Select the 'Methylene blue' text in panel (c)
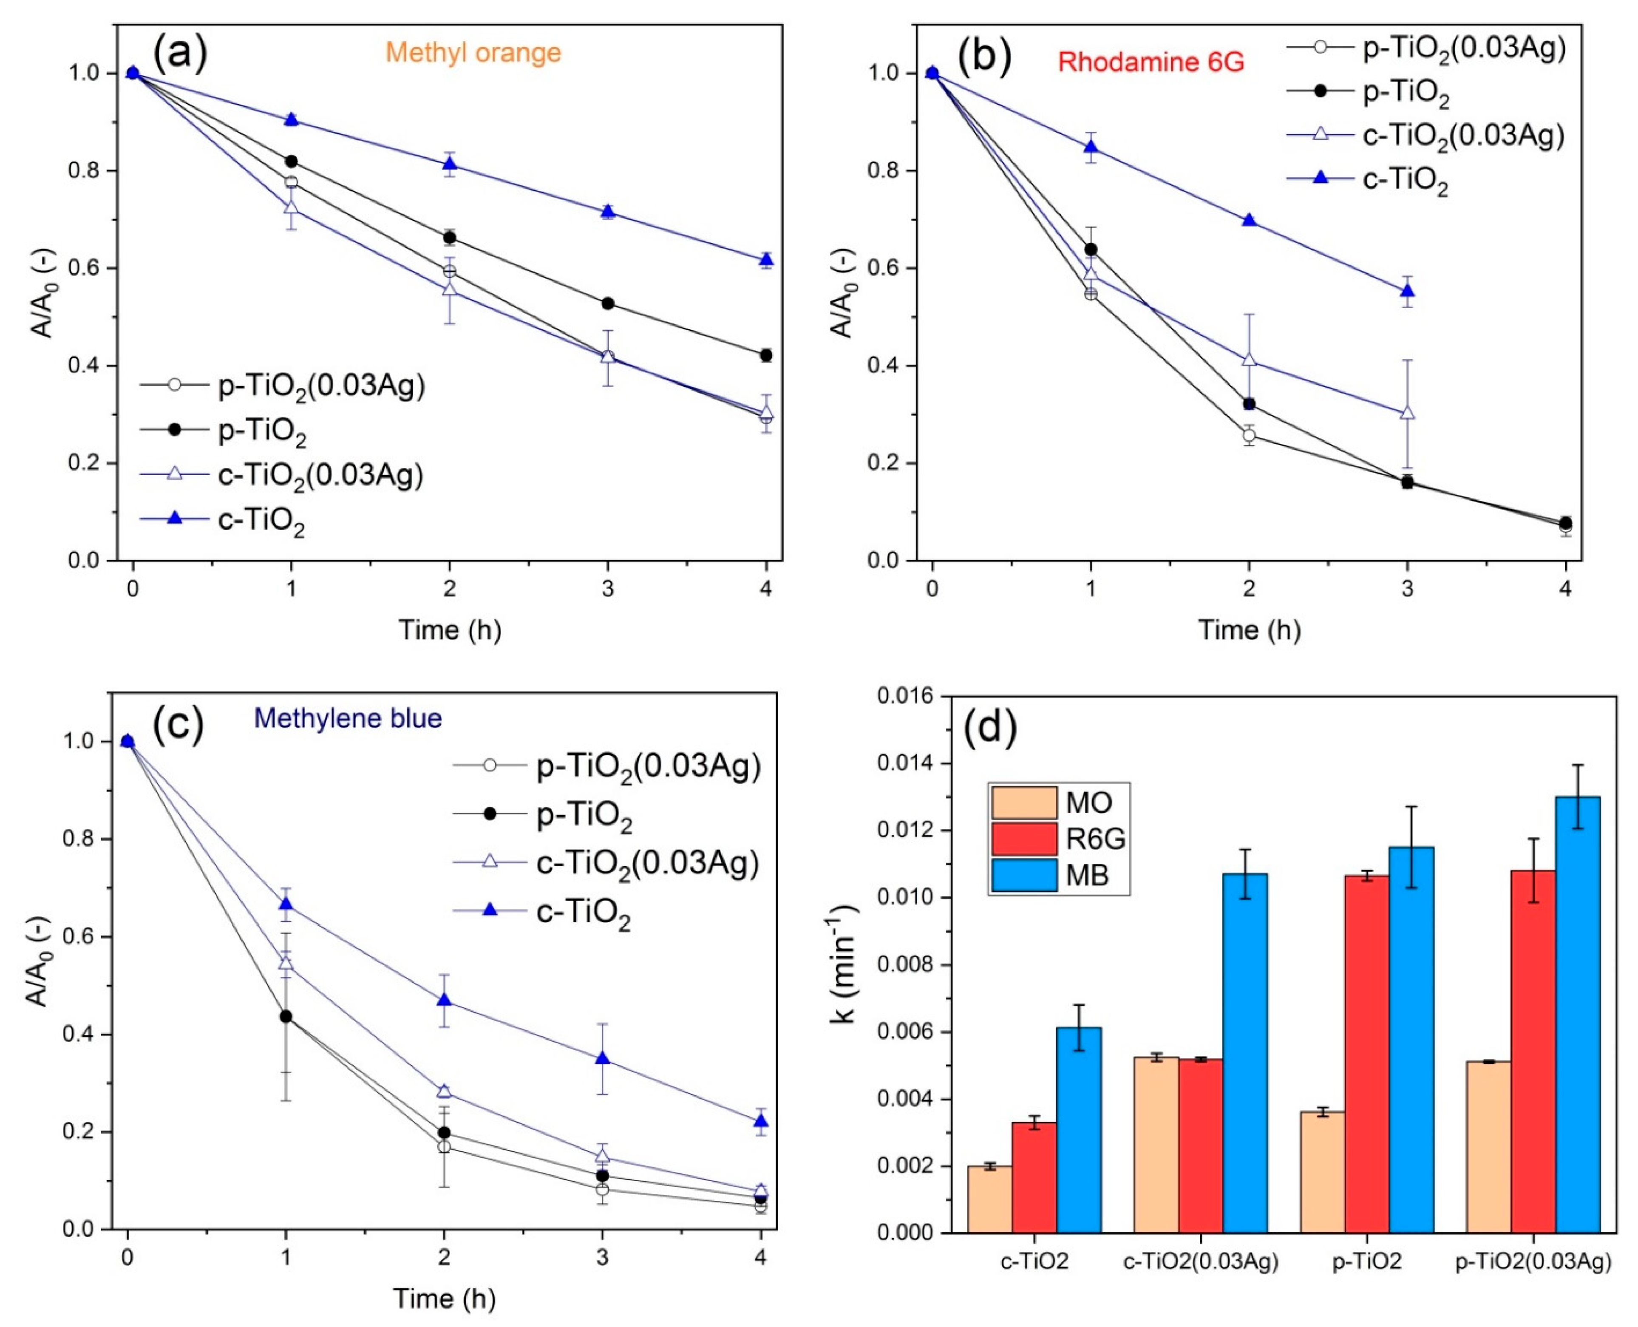pos(348,718)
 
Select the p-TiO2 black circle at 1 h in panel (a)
pos(291,161)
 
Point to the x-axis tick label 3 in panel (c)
pos(602,1257)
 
